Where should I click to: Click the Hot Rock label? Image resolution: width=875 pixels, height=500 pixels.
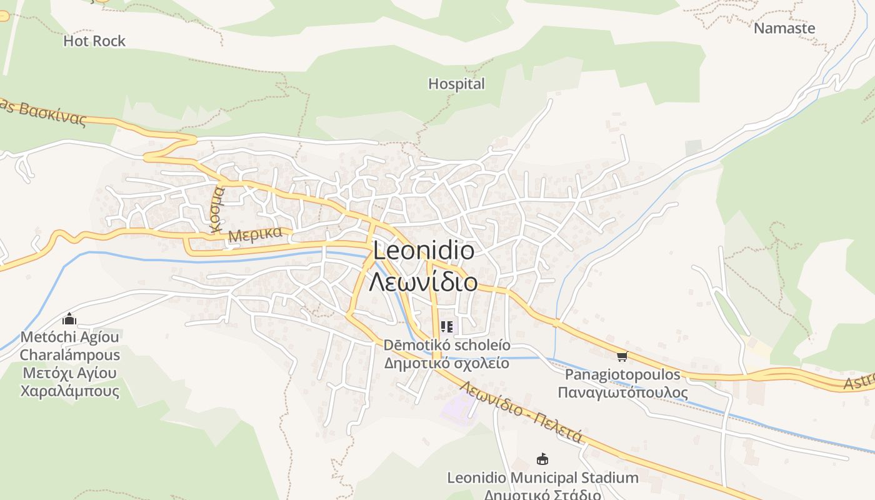(x=94, y=41)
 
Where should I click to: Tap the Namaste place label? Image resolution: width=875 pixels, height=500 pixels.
(x=784, y=28)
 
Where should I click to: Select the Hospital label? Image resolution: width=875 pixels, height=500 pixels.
(x=456, y=84)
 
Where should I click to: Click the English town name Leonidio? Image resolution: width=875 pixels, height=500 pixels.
(x=423, y=251)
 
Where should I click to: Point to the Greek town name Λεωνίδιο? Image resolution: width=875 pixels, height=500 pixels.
(x=423, y=282)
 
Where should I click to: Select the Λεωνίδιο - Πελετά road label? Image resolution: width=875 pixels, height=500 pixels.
(x=521, y=412)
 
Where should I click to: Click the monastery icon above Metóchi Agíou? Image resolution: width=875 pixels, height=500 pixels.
(x=69, y=319)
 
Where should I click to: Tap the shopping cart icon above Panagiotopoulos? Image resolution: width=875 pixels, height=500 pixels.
(x=621, y=356)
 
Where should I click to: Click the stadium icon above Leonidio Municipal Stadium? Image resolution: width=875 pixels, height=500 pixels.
(x=542, y=459)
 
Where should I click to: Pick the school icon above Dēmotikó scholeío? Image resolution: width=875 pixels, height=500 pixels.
(x=446, y=326)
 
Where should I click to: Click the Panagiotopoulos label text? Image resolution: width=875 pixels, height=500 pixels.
(x=622, y=375)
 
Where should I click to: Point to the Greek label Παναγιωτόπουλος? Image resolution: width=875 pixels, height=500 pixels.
(x=622, y=393)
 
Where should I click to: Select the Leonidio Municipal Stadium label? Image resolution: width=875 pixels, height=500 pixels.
(x=542, y=478)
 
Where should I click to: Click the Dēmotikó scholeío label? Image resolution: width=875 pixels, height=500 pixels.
(x=446, y=345)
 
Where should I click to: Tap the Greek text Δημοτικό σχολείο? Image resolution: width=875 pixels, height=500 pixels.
(x=446, y=363)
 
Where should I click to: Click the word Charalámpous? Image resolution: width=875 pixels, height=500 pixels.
(x=69, y=355)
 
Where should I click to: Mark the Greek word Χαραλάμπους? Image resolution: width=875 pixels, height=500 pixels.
(x=69, y=391)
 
